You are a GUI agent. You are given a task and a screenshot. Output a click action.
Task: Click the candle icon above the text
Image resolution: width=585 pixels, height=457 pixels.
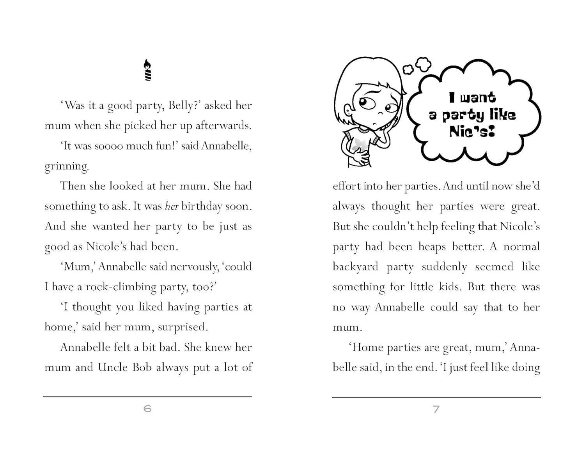148,70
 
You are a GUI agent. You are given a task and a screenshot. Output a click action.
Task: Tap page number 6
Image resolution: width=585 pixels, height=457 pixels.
147,409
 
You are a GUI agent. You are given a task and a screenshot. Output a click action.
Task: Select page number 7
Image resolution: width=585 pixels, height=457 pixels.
436,409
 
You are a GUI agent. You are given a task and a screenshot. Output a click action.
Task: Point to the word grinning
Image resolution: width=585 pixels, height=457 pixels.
67,166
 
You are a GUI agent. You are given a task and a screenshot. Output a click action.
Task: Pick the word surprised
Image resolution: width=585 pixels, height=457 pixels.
183,327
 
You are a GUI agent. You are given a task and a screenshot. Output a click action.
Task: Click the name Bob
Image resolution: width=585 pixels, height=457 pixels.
142,367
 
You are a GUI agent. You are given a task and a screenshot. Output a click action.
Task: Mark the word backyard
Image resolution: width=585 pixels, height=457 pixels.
355,267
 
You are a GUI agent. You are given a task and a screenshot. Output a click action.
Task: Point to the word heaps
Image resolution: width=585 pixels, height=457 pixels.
432,247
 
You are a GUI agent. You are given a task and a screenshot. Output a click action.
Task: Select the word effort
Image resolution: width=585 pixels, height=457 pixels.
346,186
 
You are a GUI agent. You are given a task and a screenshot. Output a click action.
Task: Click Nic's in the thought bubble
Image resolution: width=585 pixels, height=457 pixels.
472,131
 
